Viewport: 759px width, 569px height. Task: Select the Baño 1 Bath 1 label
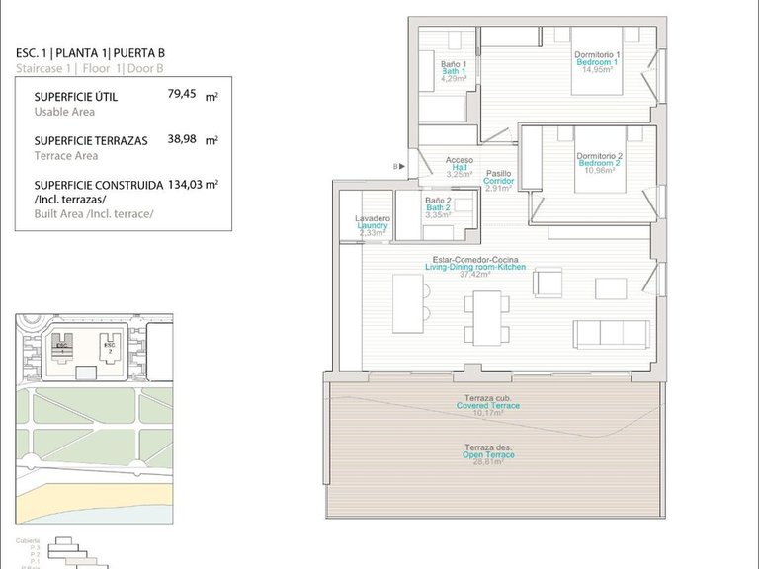(x=454, y=71)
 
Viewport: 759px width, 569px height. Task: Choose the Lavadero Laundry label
(x=373, y=225)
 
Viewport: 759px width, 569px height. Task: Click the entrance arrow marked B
(x=398, y=167)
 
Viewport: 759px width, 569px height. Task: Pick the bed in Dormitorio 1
(x=597, y=79)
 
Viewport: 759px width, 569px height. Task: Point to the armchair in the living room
(x=547, y=283)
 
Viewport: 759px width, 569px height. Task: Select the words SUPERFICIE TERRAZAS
(x=90, y=140)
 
